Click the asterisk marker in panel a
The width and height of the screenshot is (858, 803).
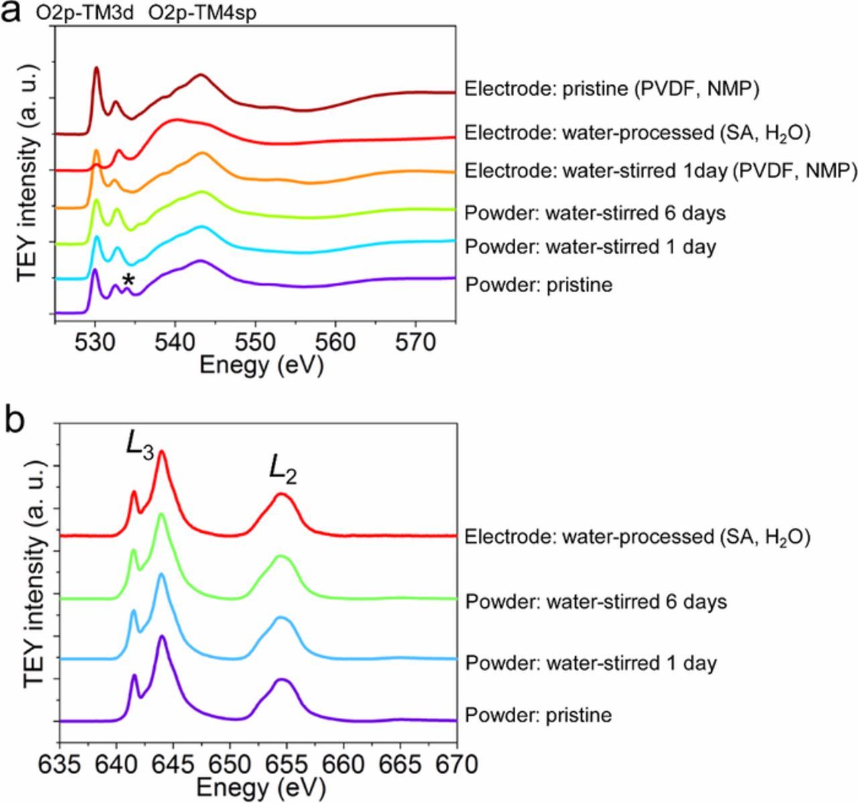pos(128,281)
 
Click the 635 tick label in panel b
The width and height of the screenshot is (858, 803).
pos(60,763)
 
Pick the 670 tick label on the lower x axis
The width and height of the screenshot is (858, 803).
pos(457,763)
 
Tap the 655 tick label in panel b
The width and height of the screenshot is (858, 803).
pos(287,763)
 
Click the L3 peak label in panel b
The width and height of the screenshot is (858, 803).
pos(140,446)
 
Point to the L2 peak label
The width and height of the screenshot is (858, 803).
pos(283,468)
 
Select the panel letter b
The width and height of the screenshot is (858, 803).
pos(15,420)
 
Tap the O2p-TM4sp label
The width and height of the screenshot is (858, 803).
pos(202,13)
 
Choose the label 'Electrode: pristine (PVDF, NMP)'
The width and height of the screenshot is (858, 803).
pos(611,88)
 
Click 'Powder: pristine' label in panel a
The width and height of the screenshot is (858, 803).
pos(538,285)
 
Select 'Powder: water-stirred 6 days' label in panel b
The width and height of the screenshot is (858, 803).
pos(596,601)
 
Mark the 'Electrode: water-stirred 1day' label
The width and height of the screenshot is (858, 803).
pos(660,171)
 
